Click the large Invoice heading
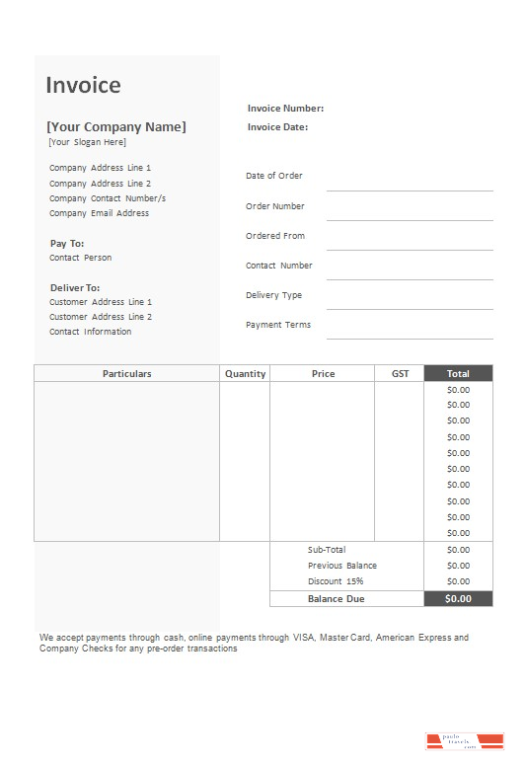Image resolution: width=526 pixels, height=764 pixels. click(83, 85)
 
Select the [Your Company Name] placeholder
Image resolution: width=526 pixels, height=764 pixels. click(115, 126)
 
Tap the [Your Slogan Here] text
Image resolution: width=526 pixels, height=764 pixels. click(88, 142)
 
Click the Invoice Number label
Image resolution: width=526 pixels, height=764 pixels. click(285, 109)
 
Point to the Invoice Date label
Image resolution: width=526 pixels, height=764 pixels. click(277, 127)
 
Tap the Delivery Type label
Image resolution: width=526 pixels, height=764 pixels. click(273, 295)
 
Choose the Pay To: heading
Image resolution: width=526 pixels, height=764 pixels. click(67, 243)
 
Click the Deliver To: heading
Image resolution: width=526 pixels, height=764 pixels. click(75, 287)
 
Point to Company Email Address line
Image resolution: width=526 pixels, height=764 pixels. click(99, 213)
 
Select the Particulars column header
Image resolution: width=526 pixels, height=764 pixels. click(126, 374)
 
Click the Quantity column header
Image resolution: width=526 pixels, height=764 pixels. click(245, 374)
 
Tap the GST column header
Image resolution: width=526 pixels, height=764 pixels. click(400, 374)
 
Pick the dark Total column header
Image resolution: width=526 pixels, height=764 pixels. click(458, 374)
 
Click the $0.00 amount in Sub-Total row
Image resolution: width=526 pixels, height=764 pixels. click(458, 550)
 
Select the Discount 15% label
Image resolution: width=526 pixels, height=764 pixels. click(335, 581)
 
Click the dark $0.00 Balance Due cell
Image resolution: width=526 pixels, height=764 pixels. click(458, 598)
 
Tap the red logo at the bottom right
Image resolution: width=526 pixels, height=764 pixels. click(464, 741)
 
